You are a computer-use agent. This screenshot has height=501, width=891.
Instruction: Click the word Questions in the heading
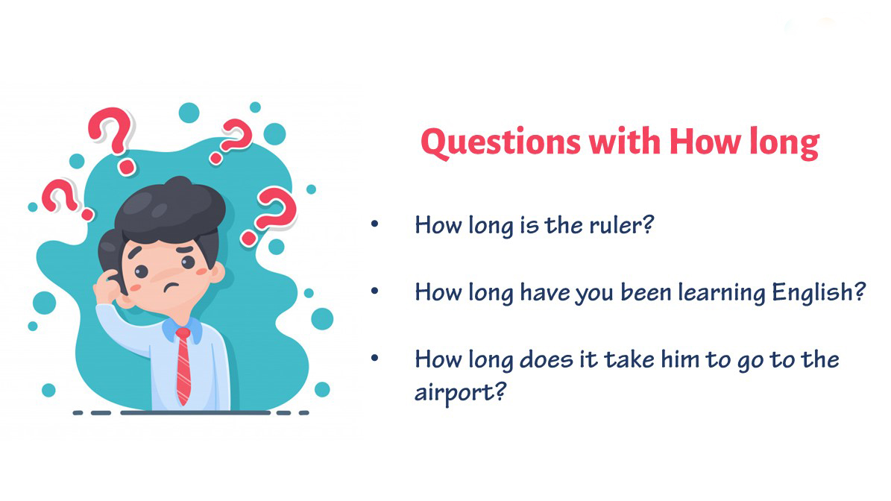tap(500, 142)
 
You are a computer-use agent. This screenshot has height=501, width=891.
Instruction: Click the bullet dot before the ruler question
tap(374, 224)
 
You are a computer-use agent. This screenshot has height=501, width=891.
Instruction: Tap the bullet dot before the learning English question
tap(374, 291)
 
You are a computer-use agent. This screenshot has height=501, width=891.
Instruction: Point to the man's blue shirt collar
tap(183, 329)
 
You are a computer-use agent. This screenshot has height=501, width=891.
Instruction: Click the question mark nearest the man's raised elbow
tap(64, 199)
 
